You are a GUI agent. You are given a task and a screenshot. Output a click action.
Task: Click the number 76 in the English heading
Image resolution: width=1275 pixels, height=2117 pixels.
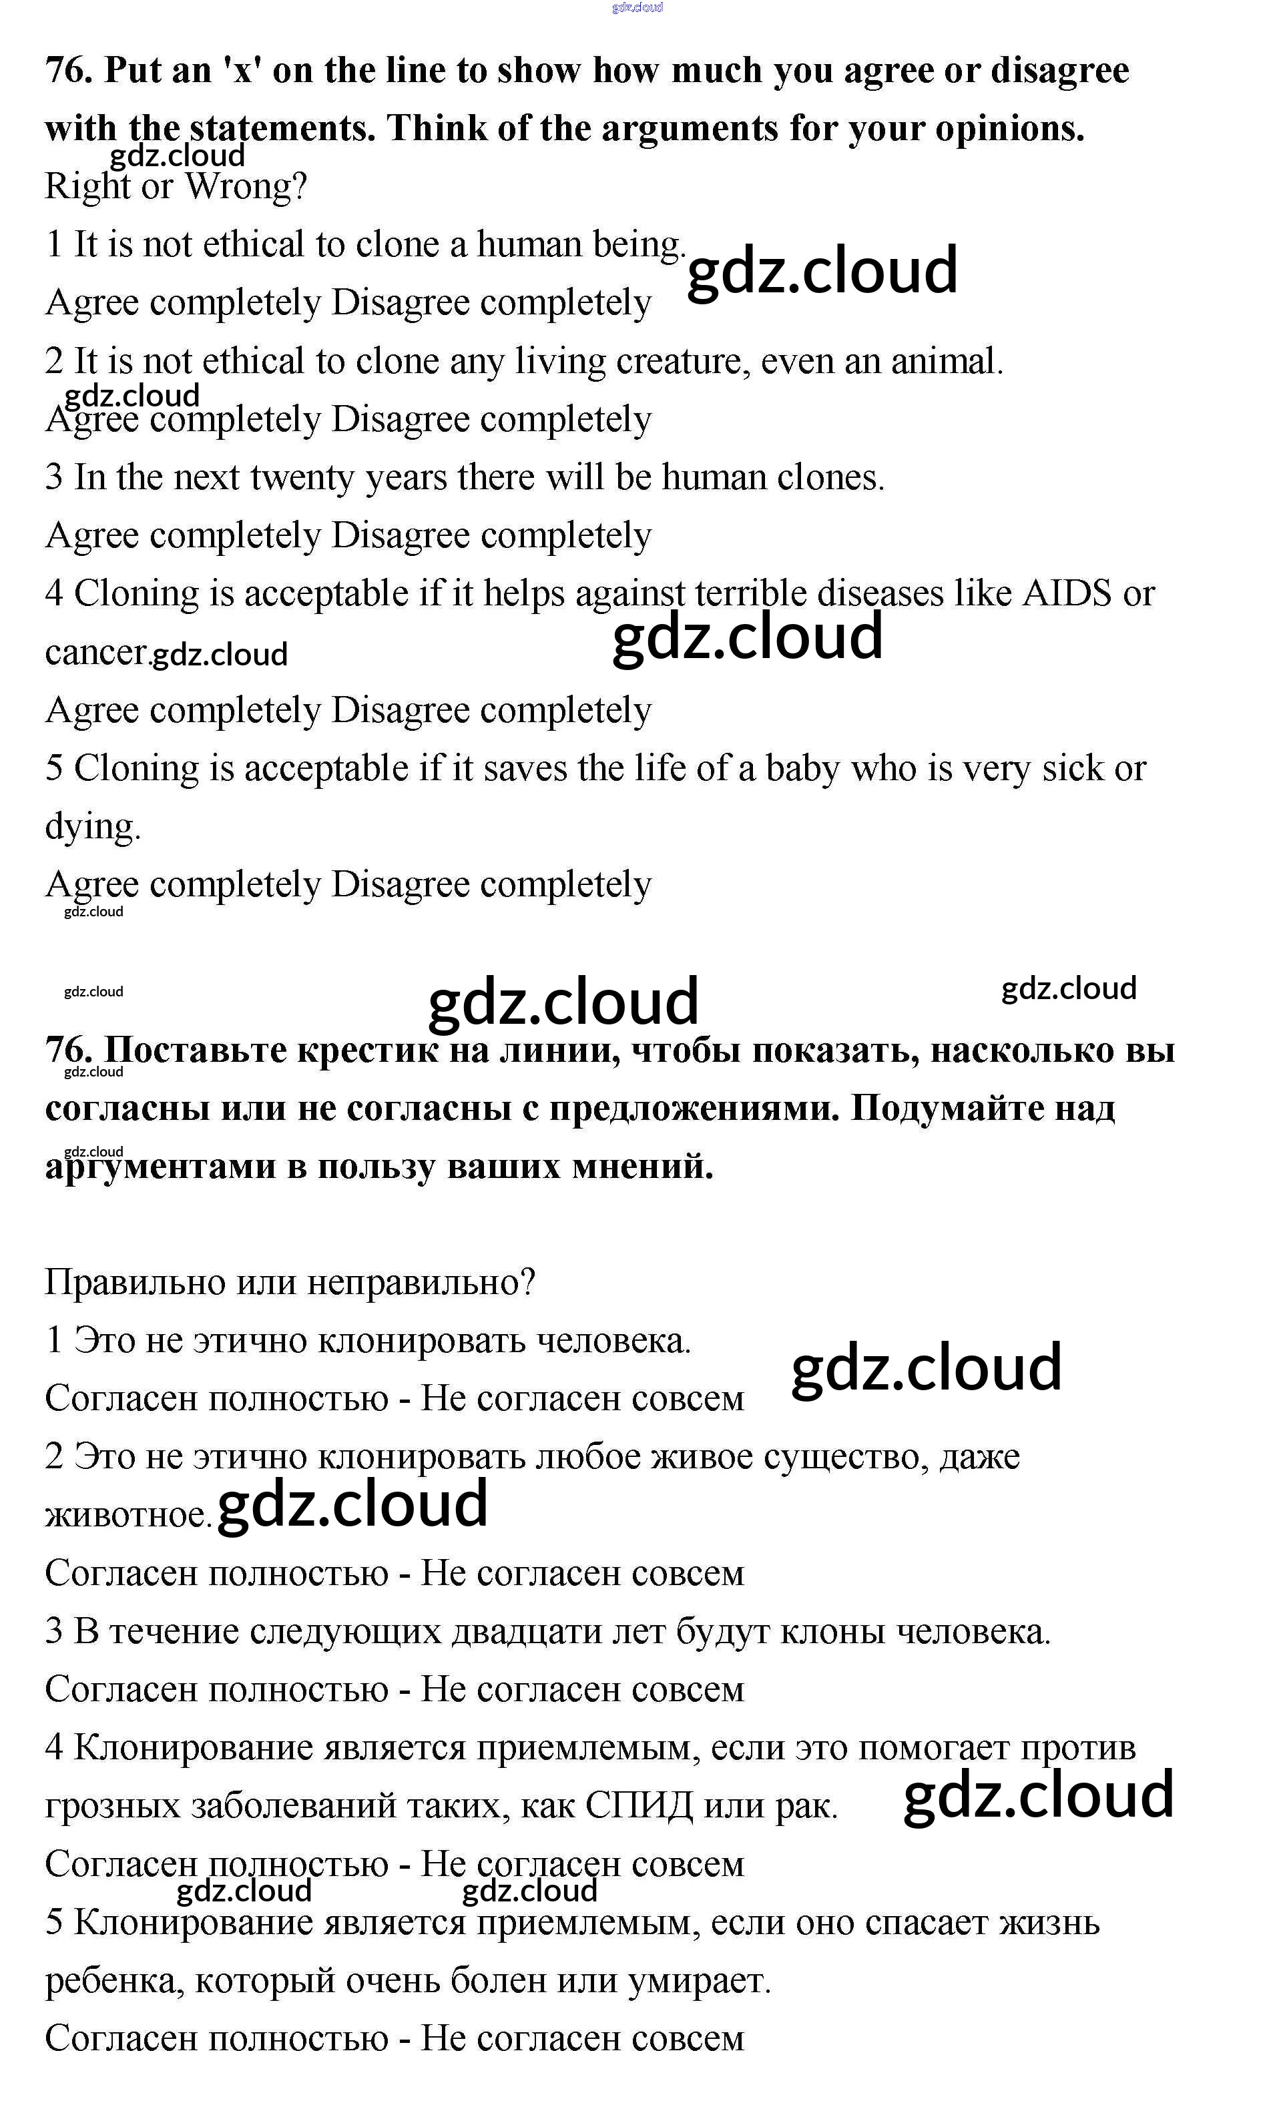point(68,71)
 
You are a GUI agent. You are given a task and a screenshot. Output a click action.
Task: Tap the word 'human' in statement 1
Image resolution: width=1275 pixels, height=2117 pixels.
point(529,245)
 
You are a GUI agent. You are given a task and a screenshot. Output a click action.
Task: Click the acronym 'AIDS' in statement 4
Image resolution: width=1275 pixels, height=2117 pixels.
point(1065,593)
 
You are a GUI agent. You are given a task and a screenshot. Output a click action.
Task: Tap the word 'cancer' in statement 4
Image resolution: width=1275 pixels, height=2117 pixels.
point(95,653)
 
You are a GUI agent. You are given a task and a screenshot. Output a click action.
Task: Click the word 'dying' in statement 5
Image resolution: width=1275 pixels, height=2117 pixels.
point(90,827)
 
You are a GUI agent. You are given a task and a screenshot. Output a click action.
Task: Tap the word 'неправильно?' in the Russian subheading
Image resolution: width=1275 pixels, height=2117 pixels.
point(421,1283)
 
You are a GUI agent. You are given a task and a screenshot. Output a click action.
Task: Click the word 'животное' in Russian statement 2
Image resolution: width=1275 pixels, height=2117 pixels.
point(126,1515)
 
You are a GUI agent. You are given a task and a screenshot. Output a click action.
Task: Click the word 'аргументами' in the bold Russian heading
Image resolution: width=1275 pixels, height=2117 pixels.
point(160,1167)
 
